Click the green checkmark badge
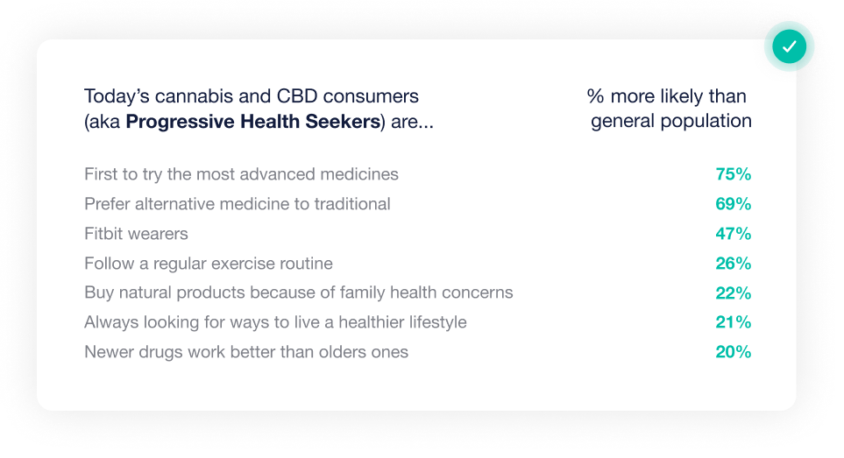pyautogui.click(x=789, y=46)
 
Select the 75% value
pyautogui.click(x=733, y=174)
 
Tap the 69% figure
pyautogui.click(x=733, y=204)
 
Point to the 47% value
pyautogui.click(x=733, y=233)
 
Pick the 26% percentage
pyautogui.click(x=733, y=263)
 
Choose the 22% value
pyautogui.click(x=733, y=292)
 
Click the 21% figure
pyautogui.click(x=733, y=322)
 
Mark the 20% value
pyautogui.click(x=733, y=351)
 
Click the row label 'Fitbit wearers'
pyautogui.click(x=136, y=233)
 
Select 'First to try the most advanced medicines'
pyautogui.click(x=241, y=174)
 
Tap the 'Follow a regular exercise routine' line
pyautogui.click(x=209, y=263)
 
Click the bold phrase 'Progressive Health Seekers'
pyautogui.click(x=253, y=122)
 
